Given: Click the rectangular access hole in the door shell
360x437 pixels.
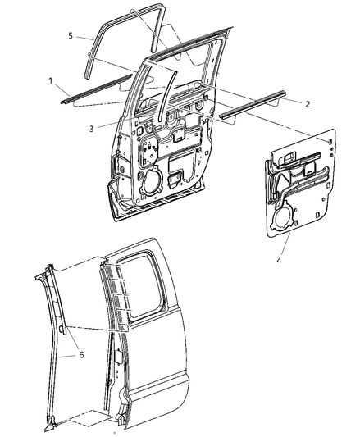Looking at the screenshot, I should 175,178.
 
